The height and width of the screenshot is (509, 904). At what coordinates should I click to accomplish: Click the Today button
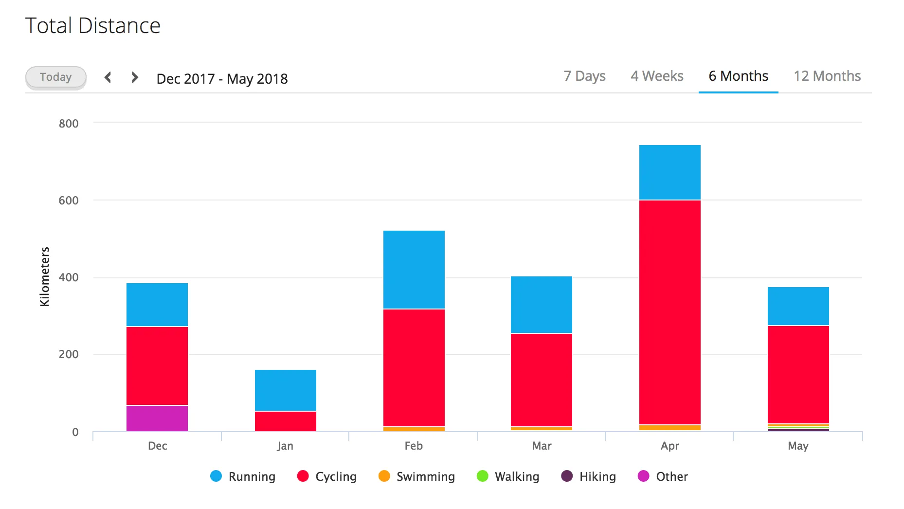(x=56, y=77)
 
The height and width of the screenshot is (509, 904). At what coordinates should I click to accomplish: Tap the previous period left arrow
(x=108, y=77)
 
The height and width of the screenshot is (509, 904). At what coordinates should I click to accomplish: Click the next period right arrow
(x=135, y=77)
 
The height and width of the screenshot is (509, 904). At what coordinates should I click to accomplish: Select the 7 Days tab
(x=584, y=76)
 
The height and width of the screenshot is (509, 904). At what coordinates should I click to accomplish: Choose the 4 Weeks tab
(x=657, y=76)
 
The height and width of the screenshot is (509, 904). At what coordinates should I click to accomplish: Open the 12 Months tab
(x=827, y=76)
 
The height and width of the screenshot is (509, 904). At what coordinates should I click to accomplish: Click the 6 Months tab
(x=738, y=76)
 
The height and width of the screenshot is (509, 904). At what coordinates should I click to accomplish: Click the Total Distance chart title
(x=93, y=26)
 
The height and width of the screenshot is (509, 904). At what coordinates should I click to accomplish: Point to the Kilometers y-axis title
(x=45, y=276)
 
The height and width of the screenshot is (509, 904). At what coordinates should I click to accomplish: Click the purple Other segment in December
(x=157, y=418)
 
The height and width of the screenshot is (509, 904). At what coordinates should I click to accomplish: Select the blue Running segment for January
(x=286, y=390)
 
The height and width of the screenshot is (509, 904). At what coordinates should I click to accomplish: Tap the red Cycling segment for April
(x=670, y=312)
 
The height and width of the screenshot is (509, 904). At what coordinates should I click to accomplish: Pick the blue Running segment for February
(x=414, y=270)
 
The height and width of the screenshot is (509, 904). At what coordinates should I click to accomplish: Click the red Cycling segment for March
(x=542, y=380)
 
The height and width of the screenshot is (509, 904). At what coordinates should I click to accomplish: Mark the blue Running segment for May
(x=798, y=306)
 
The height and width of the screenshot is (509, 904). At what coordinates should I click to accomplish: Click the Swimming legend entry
(x=416, y=476)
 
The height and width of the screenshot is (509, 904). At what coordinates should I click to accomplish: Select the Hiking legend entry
(x=588, y=476)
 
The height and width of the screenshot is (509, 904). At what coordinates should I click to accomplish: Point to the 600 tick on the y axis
(x=69, y=200)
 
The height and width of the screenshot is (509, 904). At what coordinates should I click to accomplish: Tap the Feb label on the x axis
(x=414, y=446)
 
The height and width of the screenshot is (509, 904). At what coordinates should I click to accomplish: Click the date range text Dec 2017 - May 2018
(x=222, y=79)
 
